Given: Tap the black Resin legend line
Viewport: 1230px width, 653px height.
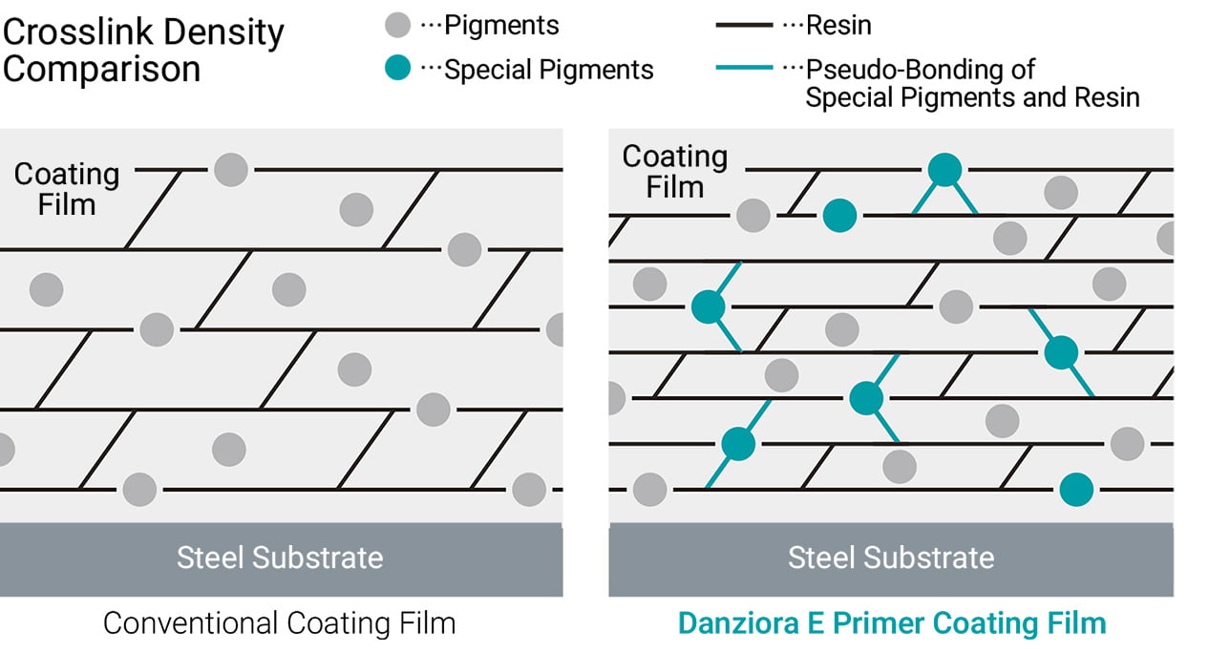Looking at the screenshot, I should (x=744, y=26).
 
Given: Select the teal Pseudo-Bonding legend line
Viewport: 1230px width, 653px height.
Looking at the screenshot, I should (x=744, y=69).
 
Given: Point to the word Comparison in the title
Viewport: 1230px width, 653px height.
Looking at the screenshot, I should (x=101, y=70).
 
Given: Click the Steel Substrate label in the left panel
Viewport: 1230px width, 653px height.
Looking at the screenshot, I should (x=280, y=558).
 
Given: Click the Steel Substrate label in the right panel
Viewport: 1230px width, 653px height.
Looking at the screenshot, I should (x=891, y=558).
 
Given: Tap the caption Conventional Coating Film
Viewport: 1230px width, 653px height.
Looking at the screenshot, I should (x=280, y=623).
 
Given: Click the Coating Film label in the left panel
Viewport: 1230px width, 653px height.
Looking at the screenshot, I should (x=67, y=189).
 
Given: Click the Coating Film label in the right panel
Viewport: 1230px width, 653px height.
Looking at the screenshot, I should (x=675, y=171).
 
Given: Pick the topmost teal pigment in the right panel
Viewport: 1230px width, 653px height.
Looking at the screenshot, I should (x=944, y=169).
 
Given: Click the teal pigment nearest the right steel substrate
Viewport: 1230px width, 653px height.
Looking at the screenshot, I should (x=1076, y=490).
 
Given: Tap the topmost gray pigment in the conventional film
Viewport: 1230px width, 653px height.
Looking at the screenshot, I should (x=231, y=169).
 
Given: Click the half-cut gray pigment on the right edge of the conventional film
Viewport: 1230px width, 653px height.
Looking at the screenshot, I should (x=556, y=329).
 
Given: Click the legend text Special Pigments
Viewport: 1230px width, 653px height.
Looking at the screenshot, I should (x=550, y=70).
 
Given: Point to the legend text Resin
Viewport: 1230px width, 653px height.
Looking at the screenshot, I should (x=839, y=26).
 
